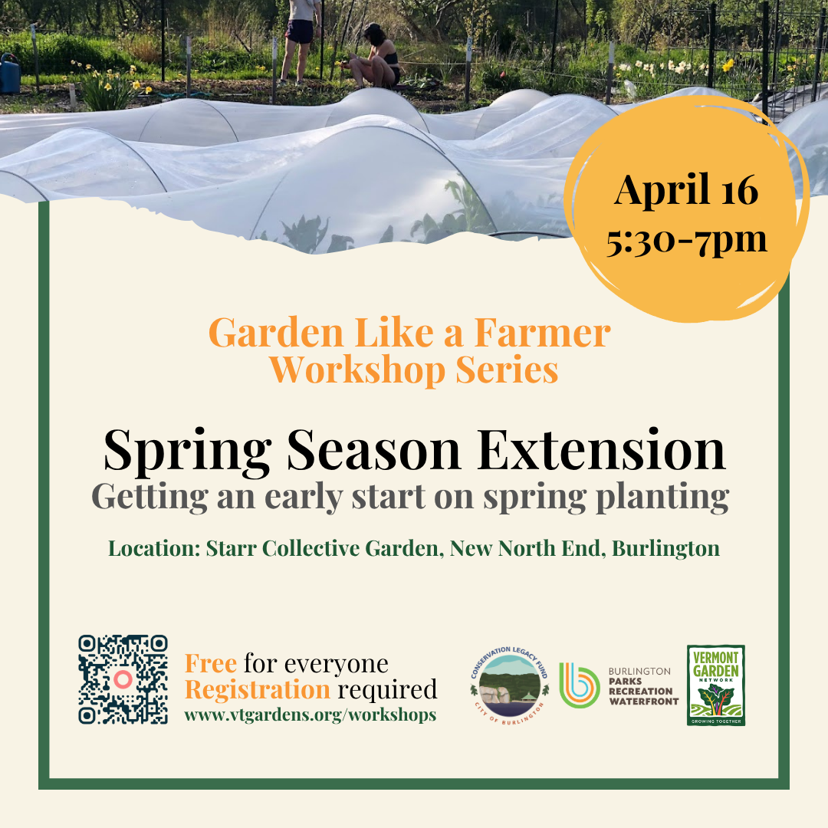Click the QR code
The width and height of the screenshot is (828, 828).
[x=123, y=679]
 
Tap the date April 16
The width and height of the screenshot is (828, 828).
[x=686, y=189]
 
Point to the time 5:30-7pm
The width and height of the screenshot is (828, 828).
[x=686, y=241]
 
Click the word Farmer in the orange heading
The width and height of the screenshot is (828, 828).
[x=542, y=333]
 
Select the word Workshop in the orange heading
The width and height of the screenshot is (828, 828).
[x=357, y=370]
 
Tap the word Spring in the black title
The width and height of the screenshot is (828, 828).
[x=188, y=452]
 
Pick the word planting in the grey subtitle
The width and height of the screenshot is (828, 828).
[x=662, y=498]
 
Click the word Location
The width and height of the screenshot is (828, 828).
[x=154, y=548]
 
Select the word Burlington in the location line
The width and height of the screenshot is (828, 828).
[x=666, y=549]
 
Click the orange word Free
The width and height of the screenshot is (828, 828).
[x=211, y=664]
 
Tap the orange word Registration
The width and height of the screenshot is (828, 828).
[x=257, y=690]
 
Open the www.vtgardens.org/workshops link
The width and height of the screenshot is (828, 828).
[x=310, y=715]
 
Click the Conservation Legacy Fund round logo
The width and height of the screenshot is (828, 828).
[x=510, y=685]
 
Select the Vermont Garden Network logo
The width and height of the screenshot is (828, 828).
[x=716, y=685]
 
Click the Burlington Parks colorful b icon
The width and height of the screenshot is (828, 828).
[x=580, y=685]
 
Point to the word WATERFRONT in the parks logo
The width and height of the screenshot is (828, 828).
[x=644, y=701]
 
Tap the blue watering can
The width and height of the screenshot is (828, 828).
[x=9, y=73]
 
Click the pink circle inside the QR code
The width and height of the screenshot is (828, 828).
[x=123, y=679]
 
